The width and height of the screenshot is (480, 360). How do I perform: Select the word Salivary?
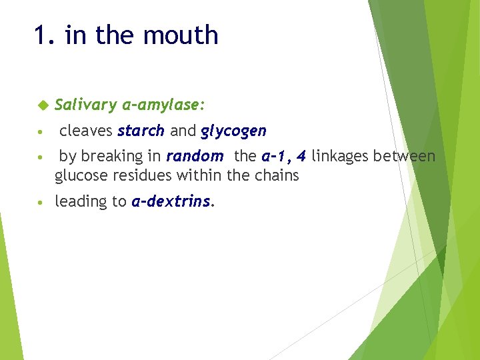click(85, 105)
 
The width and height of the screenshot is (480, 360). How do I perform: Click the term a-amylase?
click(164, 105)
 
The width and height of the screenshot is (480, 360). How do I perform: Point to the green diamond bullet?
click(43, 105)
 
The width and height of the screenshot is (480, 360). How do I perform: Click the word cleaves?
click(86, 131)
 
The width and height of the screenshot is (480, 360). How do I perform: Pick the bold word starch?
click(141, 131)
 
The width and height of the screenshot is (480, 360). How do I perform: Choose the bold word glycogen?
click(233, 131)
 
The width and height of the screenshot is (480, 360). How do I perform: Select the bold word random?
click(195, 157)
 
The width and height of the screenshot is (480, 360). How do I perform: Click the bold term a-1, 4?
click(284, 157)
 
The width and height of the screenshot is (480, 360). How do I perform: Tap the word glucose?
click(79, 176)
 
